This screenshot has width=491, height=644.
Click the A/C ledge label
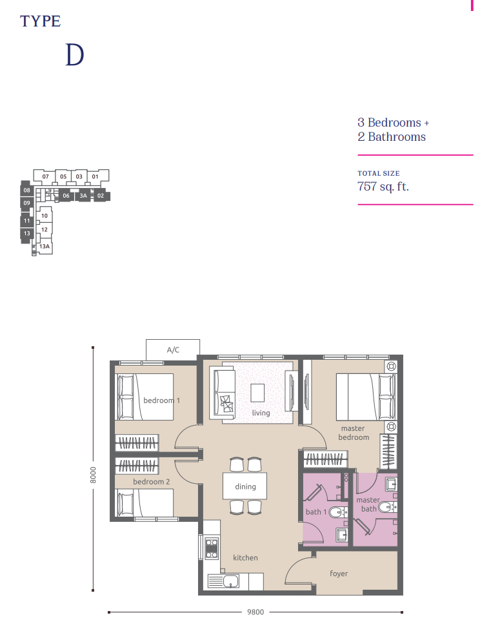pyautogui.click(x=173, y=350)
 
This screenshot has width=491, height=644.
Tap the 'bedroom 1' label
pyautogui.click(x=161, y=400)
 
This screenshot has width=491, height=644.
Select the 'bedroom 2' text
pyautogui.click(x=152, y=482)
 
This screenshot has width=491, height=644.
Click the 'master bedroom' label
pyautogui.click(x=353, y=433)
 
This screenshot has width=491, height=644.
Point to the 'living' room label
pyautogui.click(x=261, y=413)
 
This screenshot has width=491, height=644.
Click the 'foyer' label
pyautogui.click(x=339, y=574)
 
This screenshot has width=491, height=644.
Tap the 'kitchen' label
pyautogui.click(x=245, y=557)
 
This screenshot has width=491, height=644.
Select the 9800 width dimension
pyautogui.click(x=256, y=612)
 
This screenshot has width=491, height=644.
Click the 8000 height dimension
pyautogui.click(x=94, y=475)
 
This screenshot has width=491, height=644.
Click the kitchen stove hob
pyautogui.click(x=211, y=548)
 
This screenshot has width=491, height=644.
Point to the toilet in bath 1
pyautogui.click(x=336, y=514)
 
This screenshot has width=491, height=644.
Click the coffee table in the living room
pyautogui.click(x=258, y=393)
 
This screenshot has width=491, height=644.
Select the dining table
pyautogui.click(x=245, y=486)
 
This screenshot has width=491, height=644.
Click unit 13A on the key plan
pyautogui.click(x=45, y=247)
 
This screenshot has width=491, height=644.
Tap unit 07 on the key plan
pyautogui.click(x=46, y=176)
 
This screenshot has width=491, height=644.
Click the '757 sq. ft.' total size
pyautogui.click(x=383, y=187)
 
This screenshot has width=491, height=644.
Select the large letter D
pyautogui.click(x=74, y=56)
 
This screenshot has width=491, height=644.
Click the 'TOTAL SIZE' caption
pyautogui.click(x=379, y=173)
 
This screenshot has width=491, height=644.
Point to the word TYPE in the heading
pyautogui.click(x=40, y=21)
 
